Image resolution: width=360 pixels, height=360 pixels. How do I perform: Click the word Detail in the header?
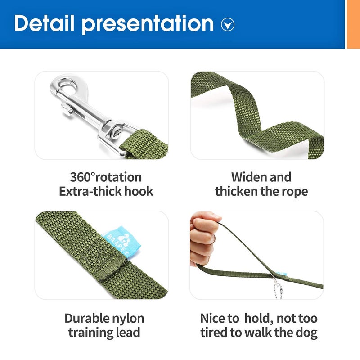tap(44, 23)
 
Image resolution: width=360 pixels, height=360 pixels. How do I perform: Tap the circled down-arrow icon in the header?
tap(228, 24)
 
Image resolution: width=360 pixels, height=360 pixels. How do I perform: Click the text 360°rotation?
tap(106, 177)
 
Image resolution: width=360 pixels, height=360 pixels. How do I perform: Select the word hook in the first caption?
tap(139, 191)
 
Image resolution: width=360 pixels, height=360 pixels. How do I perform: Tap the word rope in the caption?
tap(294, 191)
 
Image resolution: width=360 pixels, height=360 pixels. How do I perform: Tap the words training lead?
tap(104, 333)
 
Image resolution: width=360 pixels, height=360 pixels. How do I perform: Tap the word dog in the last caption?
tap(308, 333)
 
